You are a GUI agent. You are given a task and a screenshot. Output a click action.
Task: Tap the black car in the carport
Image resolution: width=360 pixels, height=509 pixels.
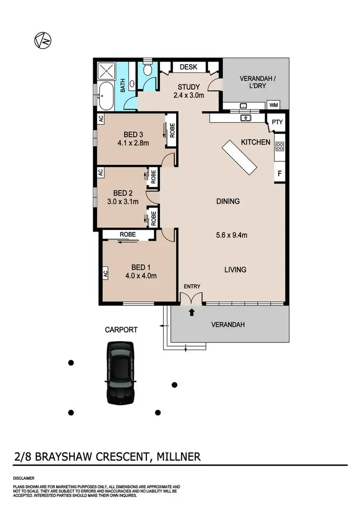pyautogui.click(x=120, y=372)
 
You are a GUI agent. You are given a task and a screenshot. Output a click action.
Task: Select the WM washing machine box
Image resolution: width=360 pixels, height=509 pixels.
pyautogui.click(x=274, y=105)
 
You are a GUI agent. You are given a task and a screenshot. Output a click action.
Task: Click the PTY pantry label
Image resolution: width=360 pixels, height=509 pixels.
pyautogui.click(x=277, y=122)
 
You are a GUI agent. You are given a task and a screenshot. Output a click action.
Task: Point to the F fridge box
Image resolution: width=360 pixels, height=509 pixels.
pyautogui.click(x=279, y=173)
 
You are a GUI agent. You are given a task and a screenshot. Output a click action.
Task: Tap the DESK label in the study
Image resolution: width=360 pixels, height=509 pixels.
pyautogui.click(x=189, y=67)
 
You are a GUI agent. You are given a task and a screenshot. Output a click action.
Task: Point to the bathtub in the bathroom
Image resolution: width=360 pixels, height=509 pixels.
pyautogui.click(x=107, y=96)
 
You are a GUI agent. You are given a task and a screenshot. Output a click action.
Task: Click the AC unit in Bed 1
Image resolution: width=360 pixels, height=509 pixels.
pyautogui.click(x=104, y=273)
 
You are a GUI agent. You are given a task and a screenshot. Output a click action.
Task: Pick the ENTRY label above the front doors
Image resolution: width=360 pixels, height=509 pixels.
pyautogui.click(x=192, y=287)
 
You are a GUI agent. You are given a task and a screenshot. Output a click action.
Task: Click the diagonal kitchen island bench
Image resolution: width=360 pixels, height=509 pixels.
pyautogui.click(x=240, y=158)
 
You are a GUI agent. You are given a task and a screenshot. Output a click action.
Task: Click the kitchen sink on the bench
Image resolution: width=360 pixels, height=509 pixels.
pyautogui.click(x=246, y=118)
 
